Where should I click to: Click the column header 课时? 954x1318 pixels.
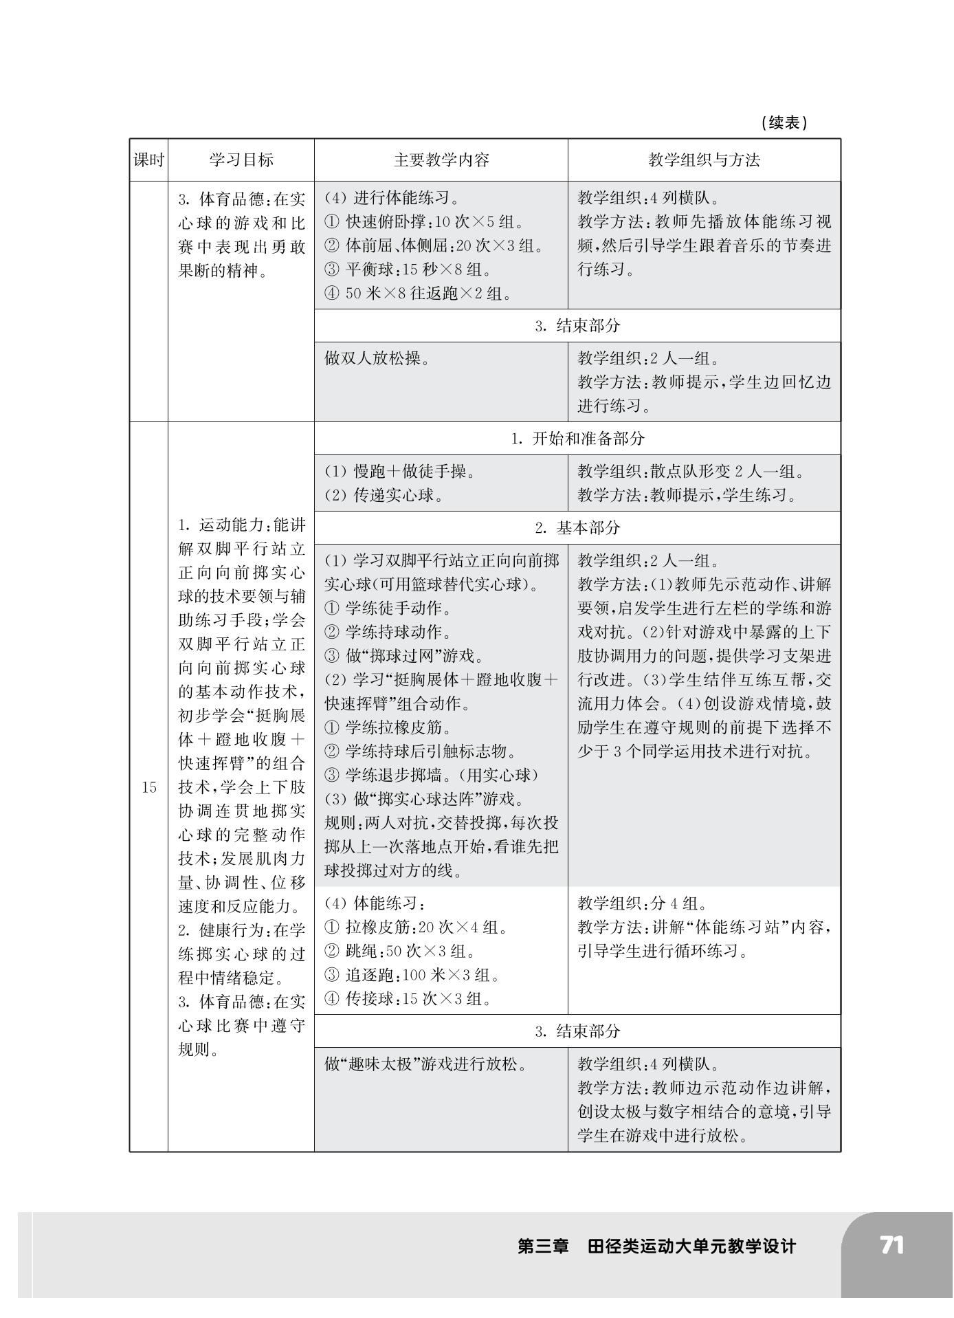148,160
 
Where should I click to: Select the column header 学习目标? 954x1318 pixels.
241,160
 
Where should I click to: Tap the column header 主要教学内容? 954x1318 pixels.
441,160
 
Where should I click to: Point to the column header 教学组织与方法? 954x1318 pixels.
704,160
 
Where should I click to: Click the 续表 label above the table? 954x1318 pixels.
784,123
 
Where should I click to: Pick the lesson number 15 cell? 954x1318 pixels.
149,787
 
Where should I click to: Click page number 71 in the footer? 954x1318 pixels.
891,1245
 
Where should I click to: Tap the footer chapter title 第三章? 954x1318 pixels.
543,1246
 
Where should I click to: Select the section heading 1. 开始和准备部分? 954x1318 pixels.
577,439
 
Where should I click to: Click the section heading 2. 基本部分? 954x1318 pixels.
577,527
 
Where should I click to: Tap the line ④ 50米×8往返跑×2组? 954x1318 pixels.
419,294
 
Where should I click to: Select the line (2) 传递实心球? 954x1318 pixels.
384,495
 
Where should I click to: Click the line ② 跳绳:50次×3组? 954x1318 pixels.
401,952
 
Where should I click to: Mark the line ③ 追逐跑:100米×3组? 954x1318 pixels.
412,975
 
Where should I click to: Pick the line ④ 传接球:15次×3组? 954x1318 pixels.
409,999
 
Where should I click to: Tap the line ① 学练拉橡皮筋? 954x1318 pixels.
388,727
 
